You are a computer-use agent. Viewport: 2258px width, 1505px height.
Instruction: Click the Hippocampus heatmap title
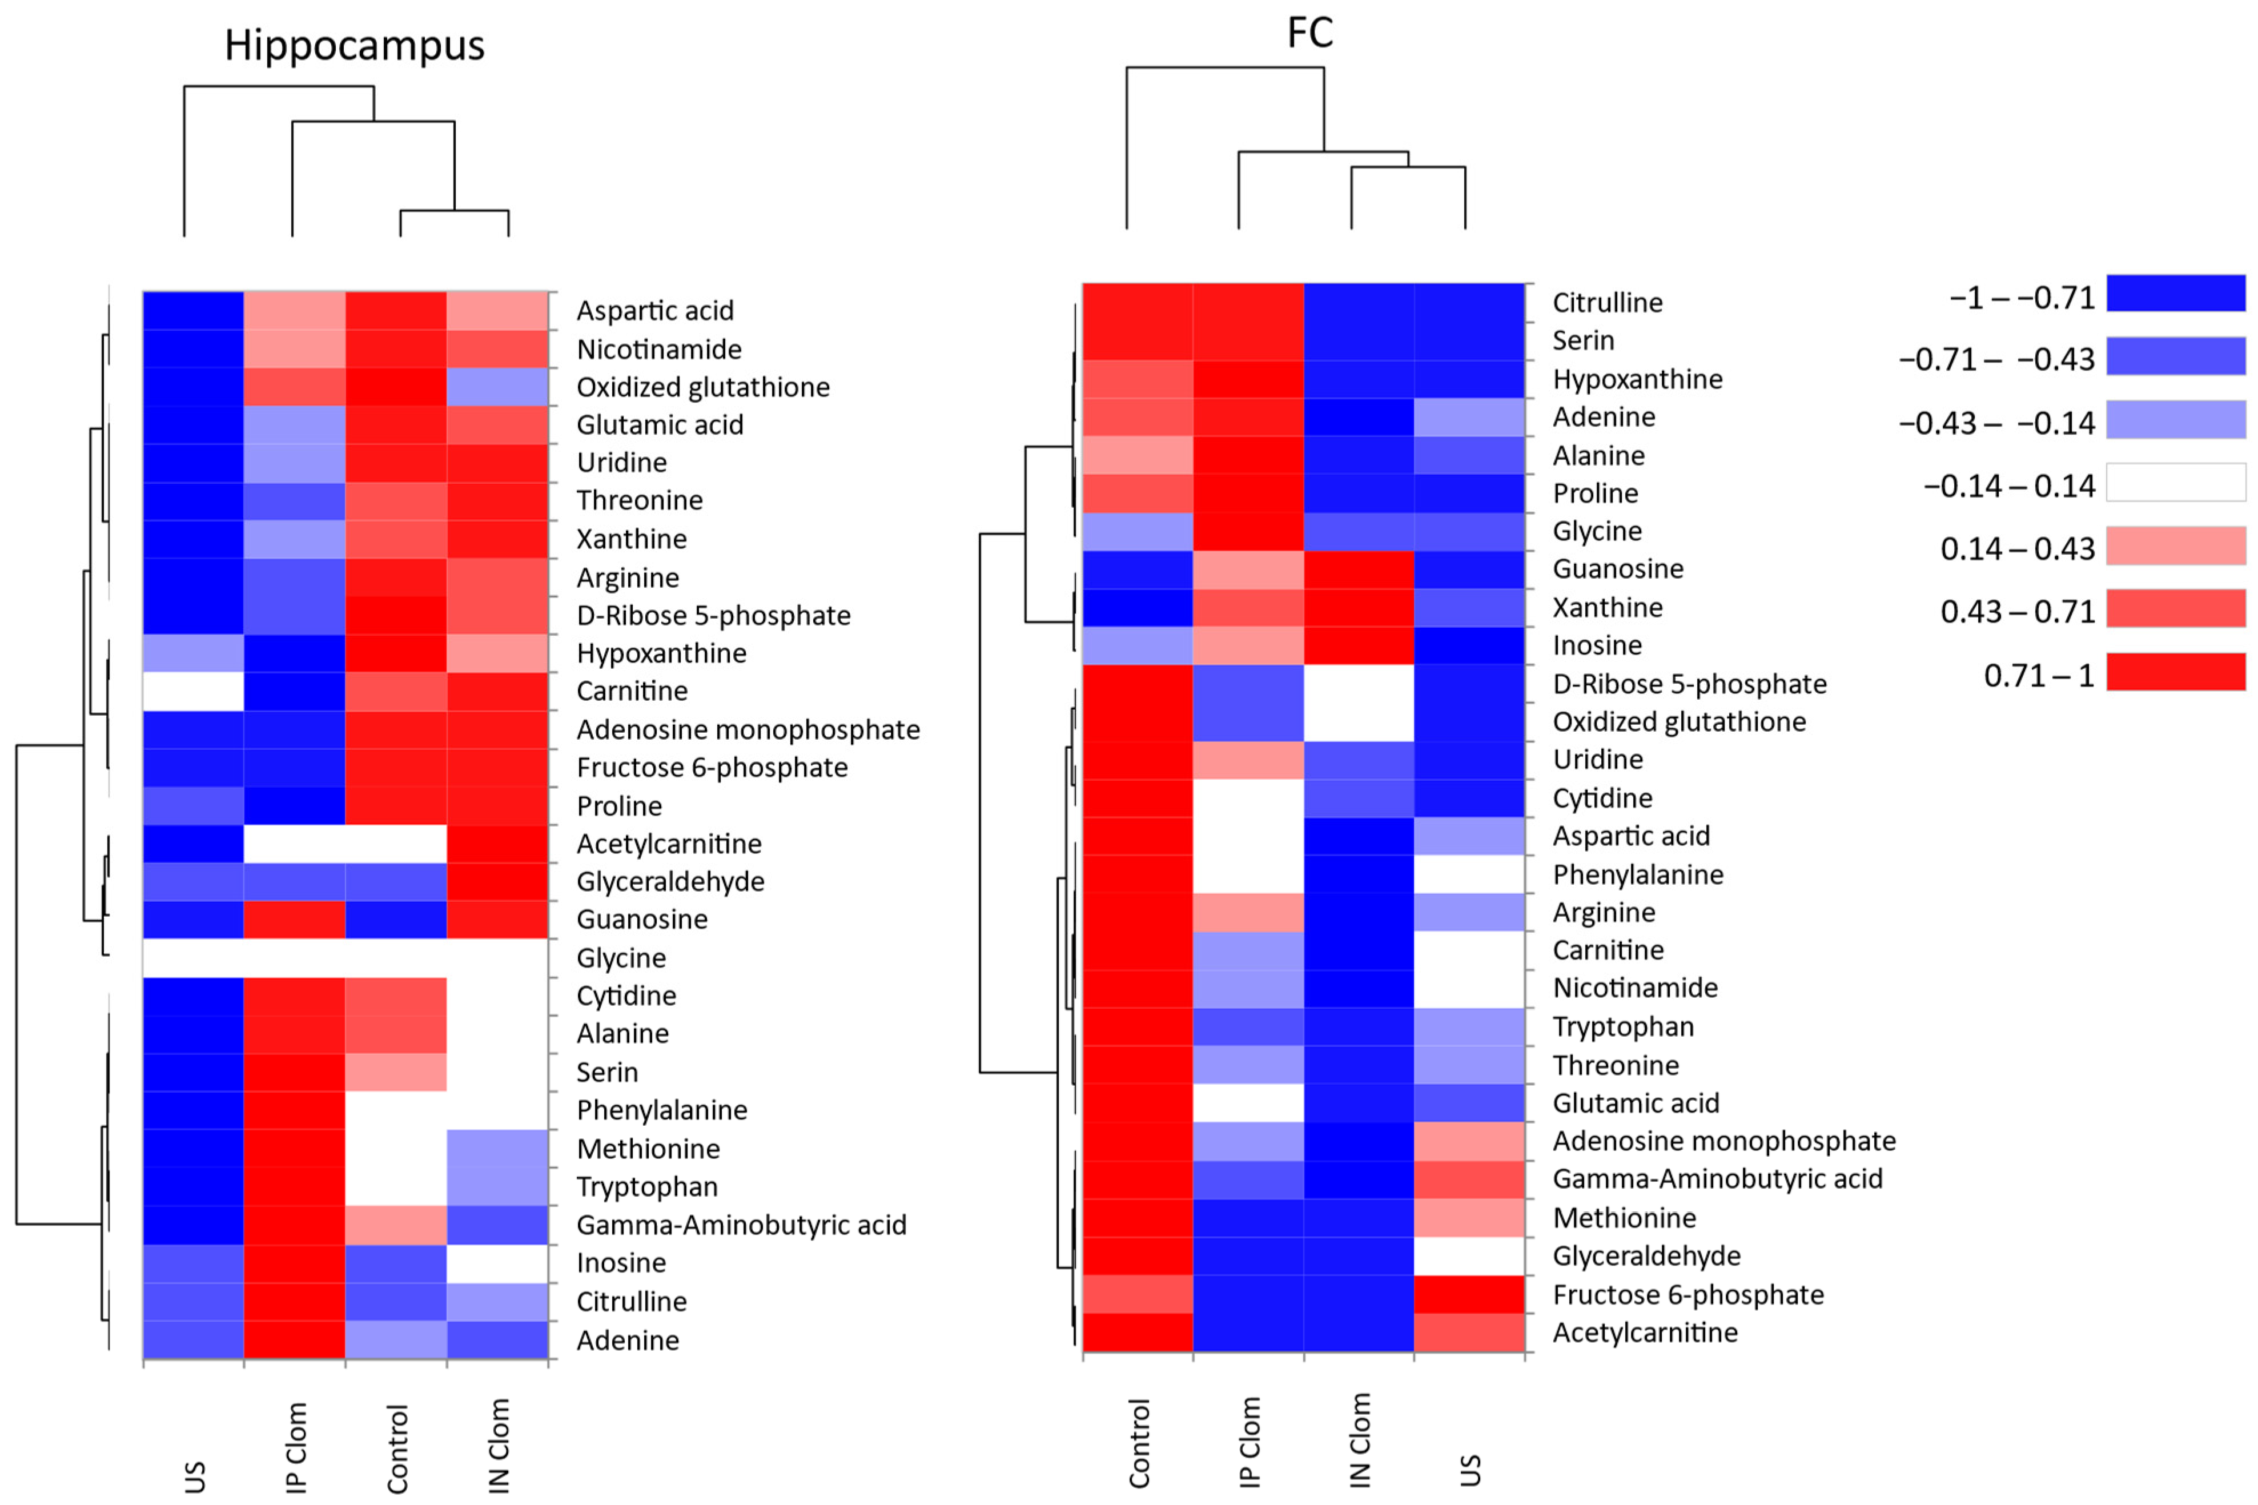[354, 45]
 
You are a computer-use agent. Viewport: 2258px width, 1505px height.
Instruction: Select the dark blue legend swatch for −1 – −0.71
[2175, 294]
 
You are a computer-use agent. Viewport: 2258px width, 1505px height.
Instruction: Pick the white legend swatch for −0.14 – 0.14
[2175, 483]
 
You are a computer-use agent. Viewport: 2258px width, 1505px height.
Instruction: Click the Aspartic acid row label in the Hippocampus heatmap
[654, 311]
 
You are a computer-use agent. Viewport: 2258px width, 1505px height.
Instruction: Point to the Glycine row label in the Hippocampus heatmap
[621, 958]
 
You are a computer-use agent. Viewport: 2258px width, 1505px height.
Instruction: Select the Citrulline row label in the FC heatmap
[1608, 302]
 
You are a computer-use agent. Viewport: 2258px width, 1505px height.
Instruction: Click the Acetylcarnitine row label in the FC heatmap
[1645, 1333]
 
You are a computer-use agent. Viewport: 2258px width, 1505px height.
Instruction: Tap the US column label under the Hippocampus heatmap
[195, 1476]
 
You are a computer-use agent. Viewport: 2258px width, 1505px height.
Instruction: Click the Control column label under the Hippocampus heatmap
[397, 1450]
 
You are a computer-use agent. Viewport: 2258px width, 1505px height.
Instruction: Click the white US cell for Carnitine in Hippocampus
[193, 691]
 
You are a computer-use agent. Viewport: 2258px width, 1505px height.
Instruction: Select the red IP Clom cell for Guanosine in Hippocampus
[295, 920]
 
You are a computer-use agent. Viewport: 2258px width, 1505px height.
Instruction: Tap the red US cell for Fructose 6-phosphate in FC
[1468, 1294]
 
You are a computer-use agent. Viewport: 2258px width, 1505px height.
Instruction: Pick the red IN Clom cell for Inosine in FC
[1358, 645]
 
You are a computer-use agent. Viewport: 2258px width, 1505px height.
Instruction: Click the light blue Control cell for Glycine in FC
[1137, 531]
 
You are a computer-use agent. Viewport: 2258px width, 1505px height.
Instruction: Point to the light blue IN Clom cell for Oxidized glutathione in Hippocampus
[497, 387]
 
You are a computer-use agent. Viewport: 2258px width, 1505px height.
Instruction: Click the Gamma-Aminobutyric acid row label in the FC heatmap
[1717, 1179]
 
